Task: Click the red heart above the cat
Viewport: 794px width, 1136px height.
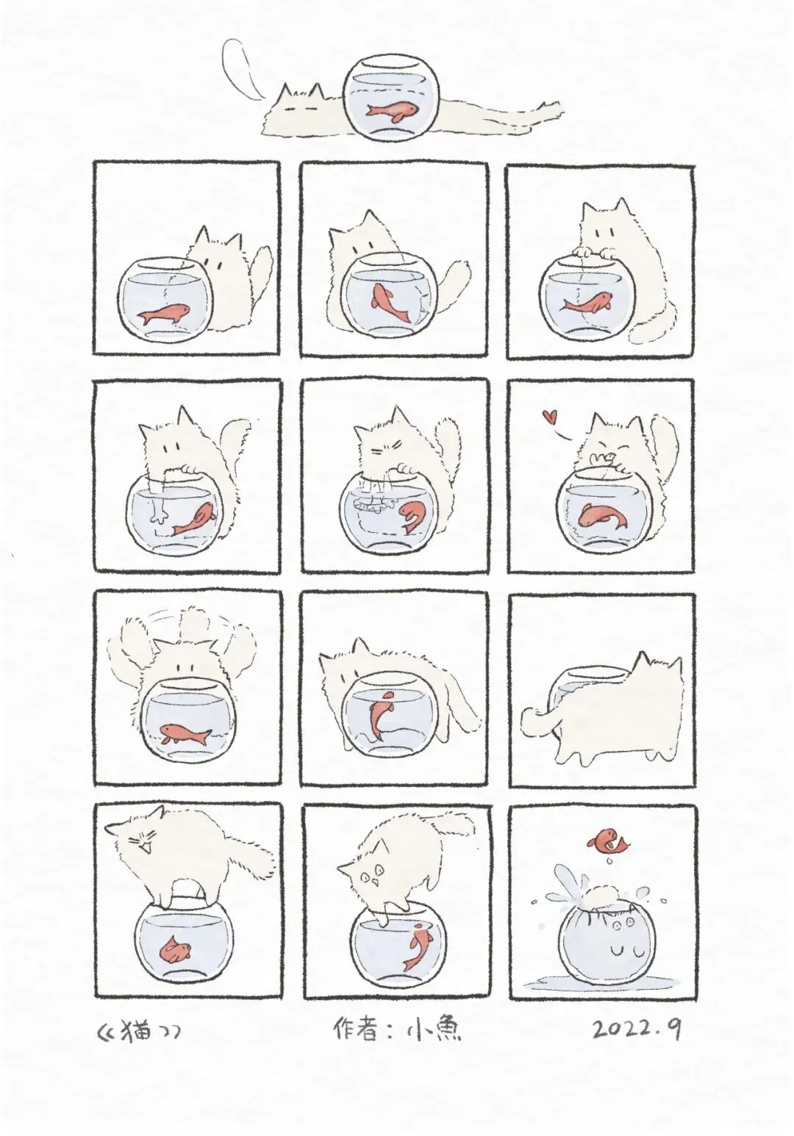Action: [548, 417]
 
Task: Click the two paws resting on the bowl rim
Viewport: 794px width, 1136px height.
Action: [592, 252]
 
